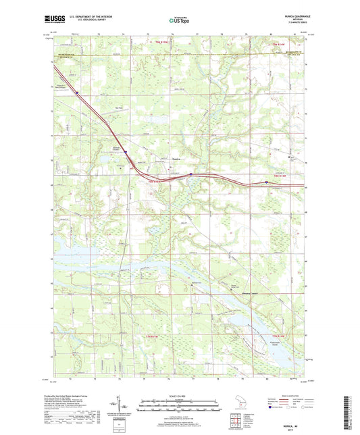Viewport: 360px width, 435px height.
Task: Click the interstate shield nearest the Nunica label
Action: (x=191, y=174)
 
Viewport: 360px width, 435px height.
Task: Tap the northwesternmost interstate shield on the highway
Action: (x=77, y=93)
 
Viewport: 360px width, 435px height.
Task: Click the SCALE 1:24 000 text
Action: (x=179, y=396)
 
